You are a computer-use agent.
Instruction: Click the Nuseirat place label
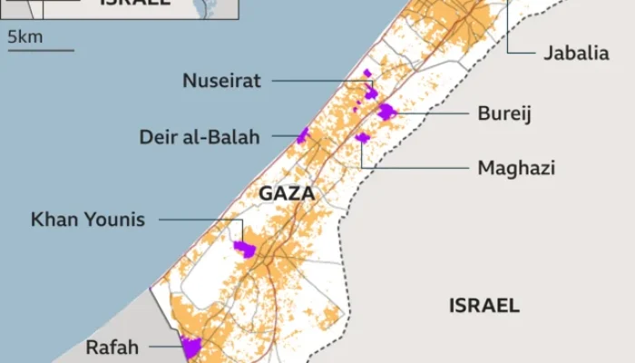click(221, 81)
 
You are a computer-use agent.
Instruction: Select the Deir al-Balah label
click(199, 137)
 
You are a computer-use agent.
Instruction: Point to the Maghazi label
click(515, 168)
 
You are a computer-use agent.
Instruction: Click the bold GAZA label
click(287, 193)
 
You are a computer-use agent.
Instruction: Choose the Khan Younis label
click(88, 220)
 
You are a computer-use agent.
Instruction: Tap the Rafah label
click(112, 346)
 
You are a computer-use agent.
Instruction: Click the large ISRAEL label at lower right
click(484, 305)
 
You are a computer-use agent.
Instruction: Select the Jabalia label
click(576, 53)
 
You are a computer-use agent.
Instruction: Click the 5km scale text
click(24, 37)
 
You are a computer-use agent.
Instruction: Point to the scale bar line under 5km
click(41, 50)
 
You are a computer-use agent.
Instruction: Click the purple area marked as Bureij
click(386, 112)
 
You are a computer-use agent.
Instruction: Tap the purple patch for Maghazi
click(363, 138)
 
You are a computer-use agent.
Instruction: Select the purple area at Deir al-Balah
click(302, 136)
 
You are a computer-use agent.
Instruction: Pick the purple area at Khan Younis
click(244, 248)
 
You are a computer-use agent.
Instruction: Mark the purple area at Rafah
click(190, 346)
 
